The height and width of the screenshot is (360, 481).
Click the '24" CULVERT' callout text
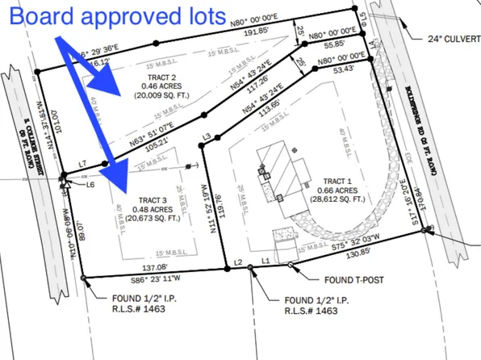click(x=446, y=37)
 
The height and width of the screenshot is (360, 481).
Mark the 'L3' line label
click(x=207, y=138)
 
